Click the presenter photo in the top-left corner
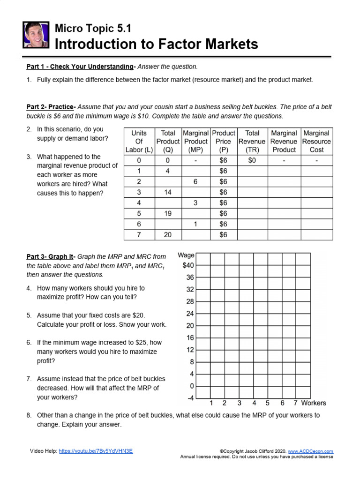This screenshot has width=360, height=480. click(36, 35)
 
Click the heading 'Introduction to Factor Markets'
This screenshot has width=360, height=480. click(157, 44)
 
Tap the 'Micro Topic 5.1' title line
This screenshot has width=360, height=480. click(93, 29)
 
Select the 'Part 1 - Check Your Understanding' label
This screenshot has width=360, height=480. click(80, 67)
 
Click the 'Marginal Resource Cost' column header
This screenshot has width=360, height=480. click(316, 142)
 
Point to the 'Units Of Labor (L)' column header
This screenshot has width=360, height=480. click(139, 142)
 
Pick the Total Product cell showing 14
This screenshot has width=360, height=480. click(168, 192)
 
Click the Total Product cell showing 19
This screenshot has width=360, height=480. click(168, 214)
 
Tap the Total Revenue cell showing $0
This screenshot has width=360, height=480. click(252, 160)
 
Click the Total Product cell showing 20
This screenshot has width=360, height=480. click(168, 235)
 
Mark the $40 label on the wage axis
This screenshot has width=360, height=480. click(187, 265)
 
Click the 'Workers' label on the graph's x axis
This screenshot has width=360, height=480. click(314, 403)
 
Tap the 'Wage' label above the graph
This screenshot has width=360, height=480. click(186, 255)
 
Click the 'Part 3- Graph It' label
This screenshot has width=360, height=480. click(51, 256)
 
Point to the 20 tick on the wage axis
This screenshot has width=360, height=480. click(190, 326)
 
